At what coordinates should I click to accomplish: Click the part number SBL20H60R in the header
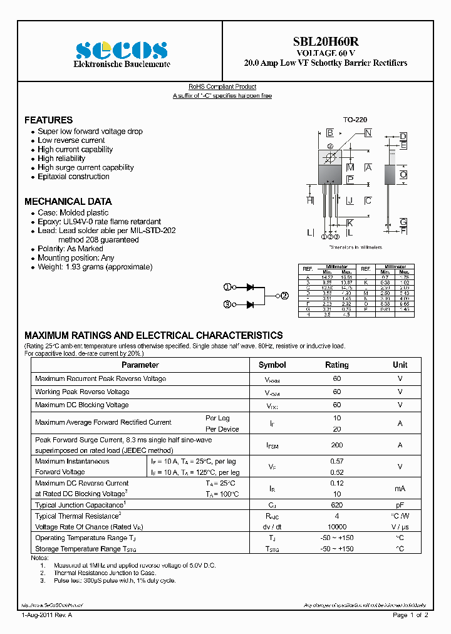click(x=326, y=41)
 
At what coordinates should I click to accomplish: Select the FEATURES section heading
click(x=48, y=120)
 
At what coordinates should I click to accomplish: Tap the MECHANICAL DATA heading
click(x=68, y=201)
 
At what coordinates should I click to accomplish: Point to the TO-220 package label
click(x=355, y=119)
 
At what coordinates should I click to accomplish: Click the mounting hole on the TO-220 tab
click(x=329, y=156)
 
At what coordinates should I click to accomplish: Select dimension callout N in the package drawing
click(x=368, y=133)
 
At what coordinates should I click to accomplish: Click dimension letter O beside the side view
click(x=403, y=175)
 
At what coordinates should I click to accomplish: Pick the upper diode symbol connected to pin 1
click(x=250, y=287)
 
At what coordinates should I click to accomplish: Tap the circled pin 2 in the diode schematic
click(x=284, y=296)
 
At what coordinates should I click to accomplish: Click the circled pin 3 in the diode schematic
click(x=227, y=304)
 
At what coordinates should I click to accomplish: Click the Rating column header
click(x=337, y=365)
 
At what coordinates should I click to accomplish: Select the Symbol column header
click(x=272, y=365)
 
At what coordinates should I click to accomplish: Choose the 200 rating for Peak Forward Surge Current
click(x=337, y=444)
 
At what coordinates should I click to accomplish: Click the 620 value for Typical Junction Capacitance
click(x=337, y=504)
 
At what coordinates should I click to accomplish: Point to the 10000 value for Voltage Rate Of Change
click(x=337, y=527)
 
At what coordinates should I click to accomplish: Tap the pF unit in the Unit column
click(x=400, y=504)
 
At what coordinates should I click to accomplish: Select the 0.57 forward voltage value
click(x=337, y=461)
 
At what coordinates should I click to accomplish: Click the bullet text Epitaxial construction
click(x=73, y=177)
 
